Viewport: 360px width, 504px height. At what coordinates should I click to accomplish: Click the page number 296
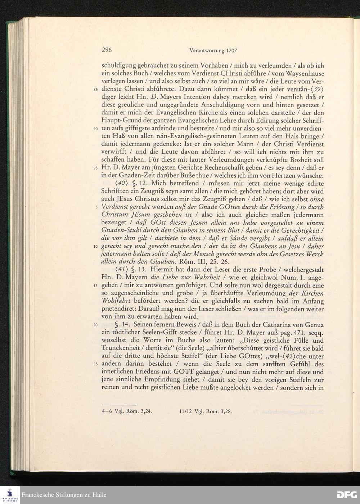click(x=107, y=50)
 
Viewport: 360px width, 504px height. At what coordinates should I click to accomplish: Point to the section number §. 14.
click(x=124, y=325)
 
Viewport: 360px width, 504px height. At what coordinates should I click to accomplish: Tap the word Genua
click(x=314, y=325)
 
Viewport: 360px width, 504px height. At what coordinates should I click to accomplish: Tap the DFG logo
click(x=346, y=495)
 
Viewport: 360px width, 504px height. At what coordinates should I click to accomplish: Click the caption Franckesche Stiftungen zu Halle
click(x=64, y=495)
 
